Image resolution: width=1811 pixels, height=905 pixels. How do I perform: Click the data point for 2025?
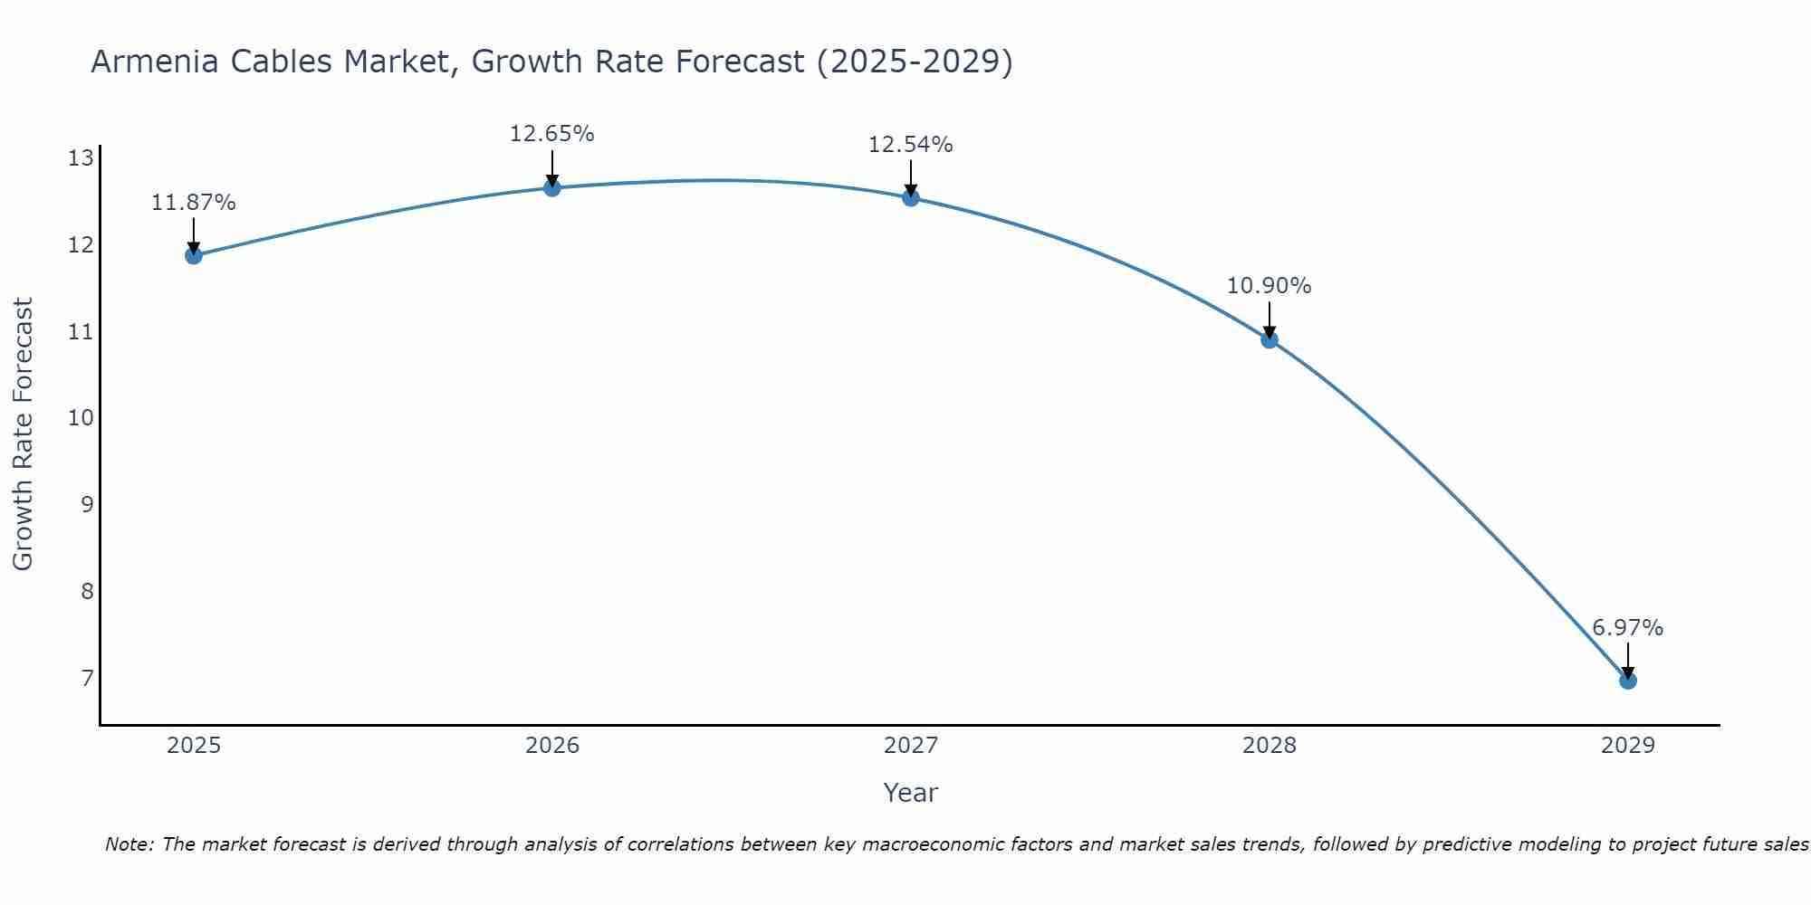193,255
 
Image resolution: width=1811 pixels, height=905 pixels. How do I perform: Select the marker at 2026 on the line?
551,187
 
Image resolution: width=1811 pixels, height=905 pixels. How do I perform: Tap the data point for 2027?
910,197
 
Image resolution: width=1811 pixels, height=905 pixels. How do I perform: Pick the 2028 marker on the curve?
1269,339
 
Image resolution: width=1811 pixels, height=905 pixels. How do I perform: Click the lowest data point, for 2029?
1627,681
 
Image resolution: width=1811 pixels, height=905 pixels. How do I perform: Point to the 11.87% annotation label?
193,203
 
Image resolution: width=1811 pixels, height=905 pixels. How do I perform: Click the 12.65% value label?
551,134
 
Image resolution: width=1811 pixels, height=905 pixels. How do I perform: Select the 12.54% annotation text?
910,145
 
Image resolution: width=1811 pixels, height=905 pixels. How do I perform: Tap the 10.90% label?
1269,286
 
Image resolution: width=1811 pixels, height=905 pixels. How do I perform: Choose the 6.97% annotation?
1627,628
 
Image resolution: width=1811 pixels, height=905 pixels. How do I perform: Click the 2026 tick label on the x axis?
551,746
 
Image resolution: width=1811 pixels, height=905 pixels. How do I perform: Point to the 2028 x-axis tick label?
1269,746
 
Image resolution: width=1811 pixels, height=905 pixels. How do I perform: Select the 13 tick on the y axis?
81,159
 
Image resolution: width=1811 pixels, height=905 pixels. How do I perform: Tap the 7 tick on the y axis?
87,678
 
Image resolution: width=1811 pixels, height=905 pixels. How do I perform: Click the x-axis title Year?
910,793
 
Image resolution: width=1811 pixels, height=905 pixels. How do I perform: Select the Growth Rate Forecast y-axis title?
24,433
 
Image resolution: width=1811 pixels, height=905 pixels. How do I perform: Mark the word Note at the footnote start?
129,844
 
